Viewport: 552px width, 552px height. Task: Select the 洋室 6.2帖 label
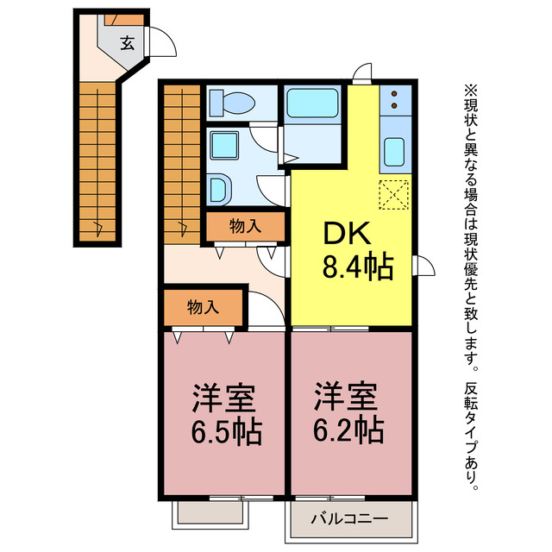(x=347, y=414)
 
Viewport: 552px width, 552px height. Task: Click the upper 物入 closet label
(x=245, y=227)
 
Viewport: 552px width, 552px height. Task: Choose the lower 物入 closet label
(x=203, y=306)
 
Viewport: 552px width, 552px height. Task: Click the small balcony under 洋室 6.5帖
(x=207, y=514)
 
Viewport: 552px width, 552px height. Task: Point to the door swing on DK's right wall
(x=424, y=266)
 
